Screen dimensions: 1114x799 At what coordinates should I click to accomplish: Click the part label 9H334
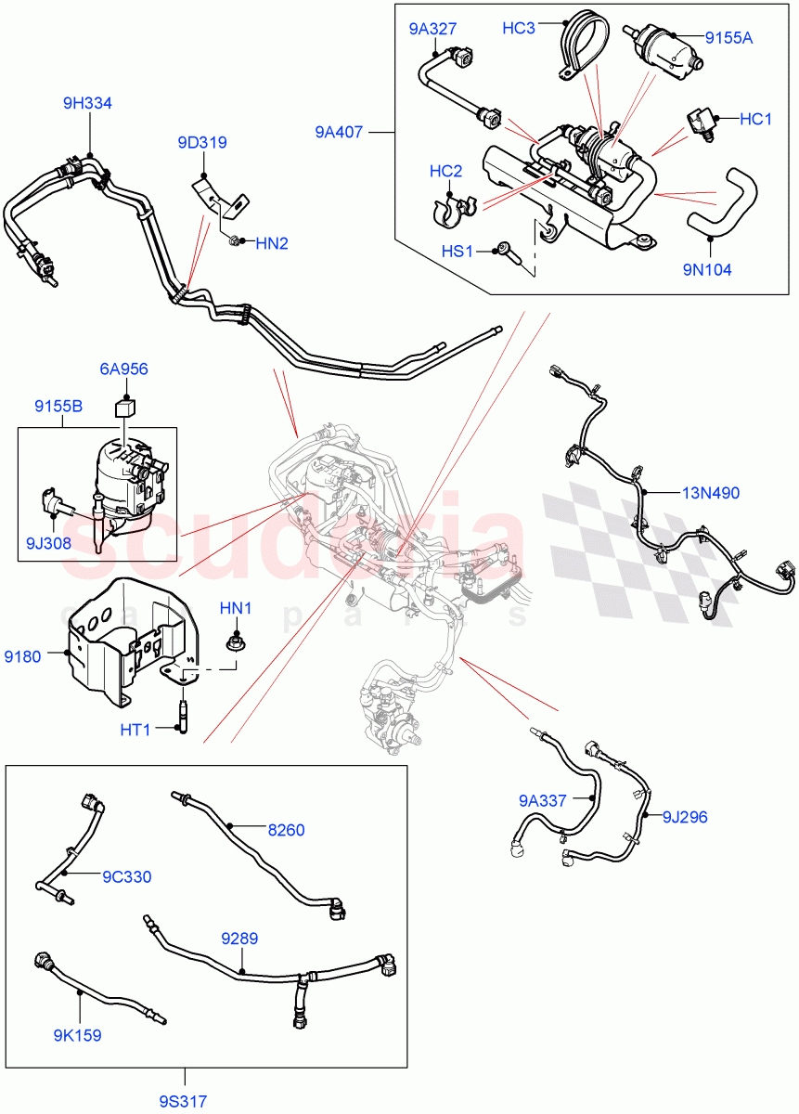point(87,104)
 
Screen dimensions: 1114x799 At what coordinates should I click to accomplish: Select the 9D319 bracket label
point(202,143)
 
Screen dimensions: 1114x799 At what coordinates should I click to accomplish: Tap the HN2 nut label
point(272,243)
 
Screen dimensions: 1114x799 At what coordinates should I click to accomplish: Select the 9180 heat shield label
point(22,657)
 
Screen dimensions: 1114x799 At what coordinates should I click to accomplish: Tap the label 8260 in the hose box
point(286,830)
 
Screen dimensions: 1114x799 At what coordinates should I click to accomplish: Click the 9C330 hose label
point(126,876)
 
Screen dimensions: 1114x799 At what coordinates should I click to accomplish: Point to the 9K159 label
point(76,1035)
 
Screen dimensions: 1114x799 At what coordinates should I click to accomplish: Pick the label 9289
point(240,939)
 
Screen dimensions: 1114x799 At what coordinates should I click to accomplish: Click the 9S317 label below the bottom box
point(182,1102)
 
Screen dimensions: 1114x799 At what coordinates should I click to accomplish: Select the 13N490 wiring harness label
point(712,493)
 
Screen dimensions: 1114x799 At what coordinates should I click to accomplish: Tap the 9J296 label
point(685,817)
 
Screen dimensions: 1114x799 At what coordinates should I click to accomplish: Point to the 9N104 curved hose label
point(707,270)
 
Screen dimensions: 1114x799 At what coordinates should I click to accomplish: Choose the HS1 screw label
point(457,251)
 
